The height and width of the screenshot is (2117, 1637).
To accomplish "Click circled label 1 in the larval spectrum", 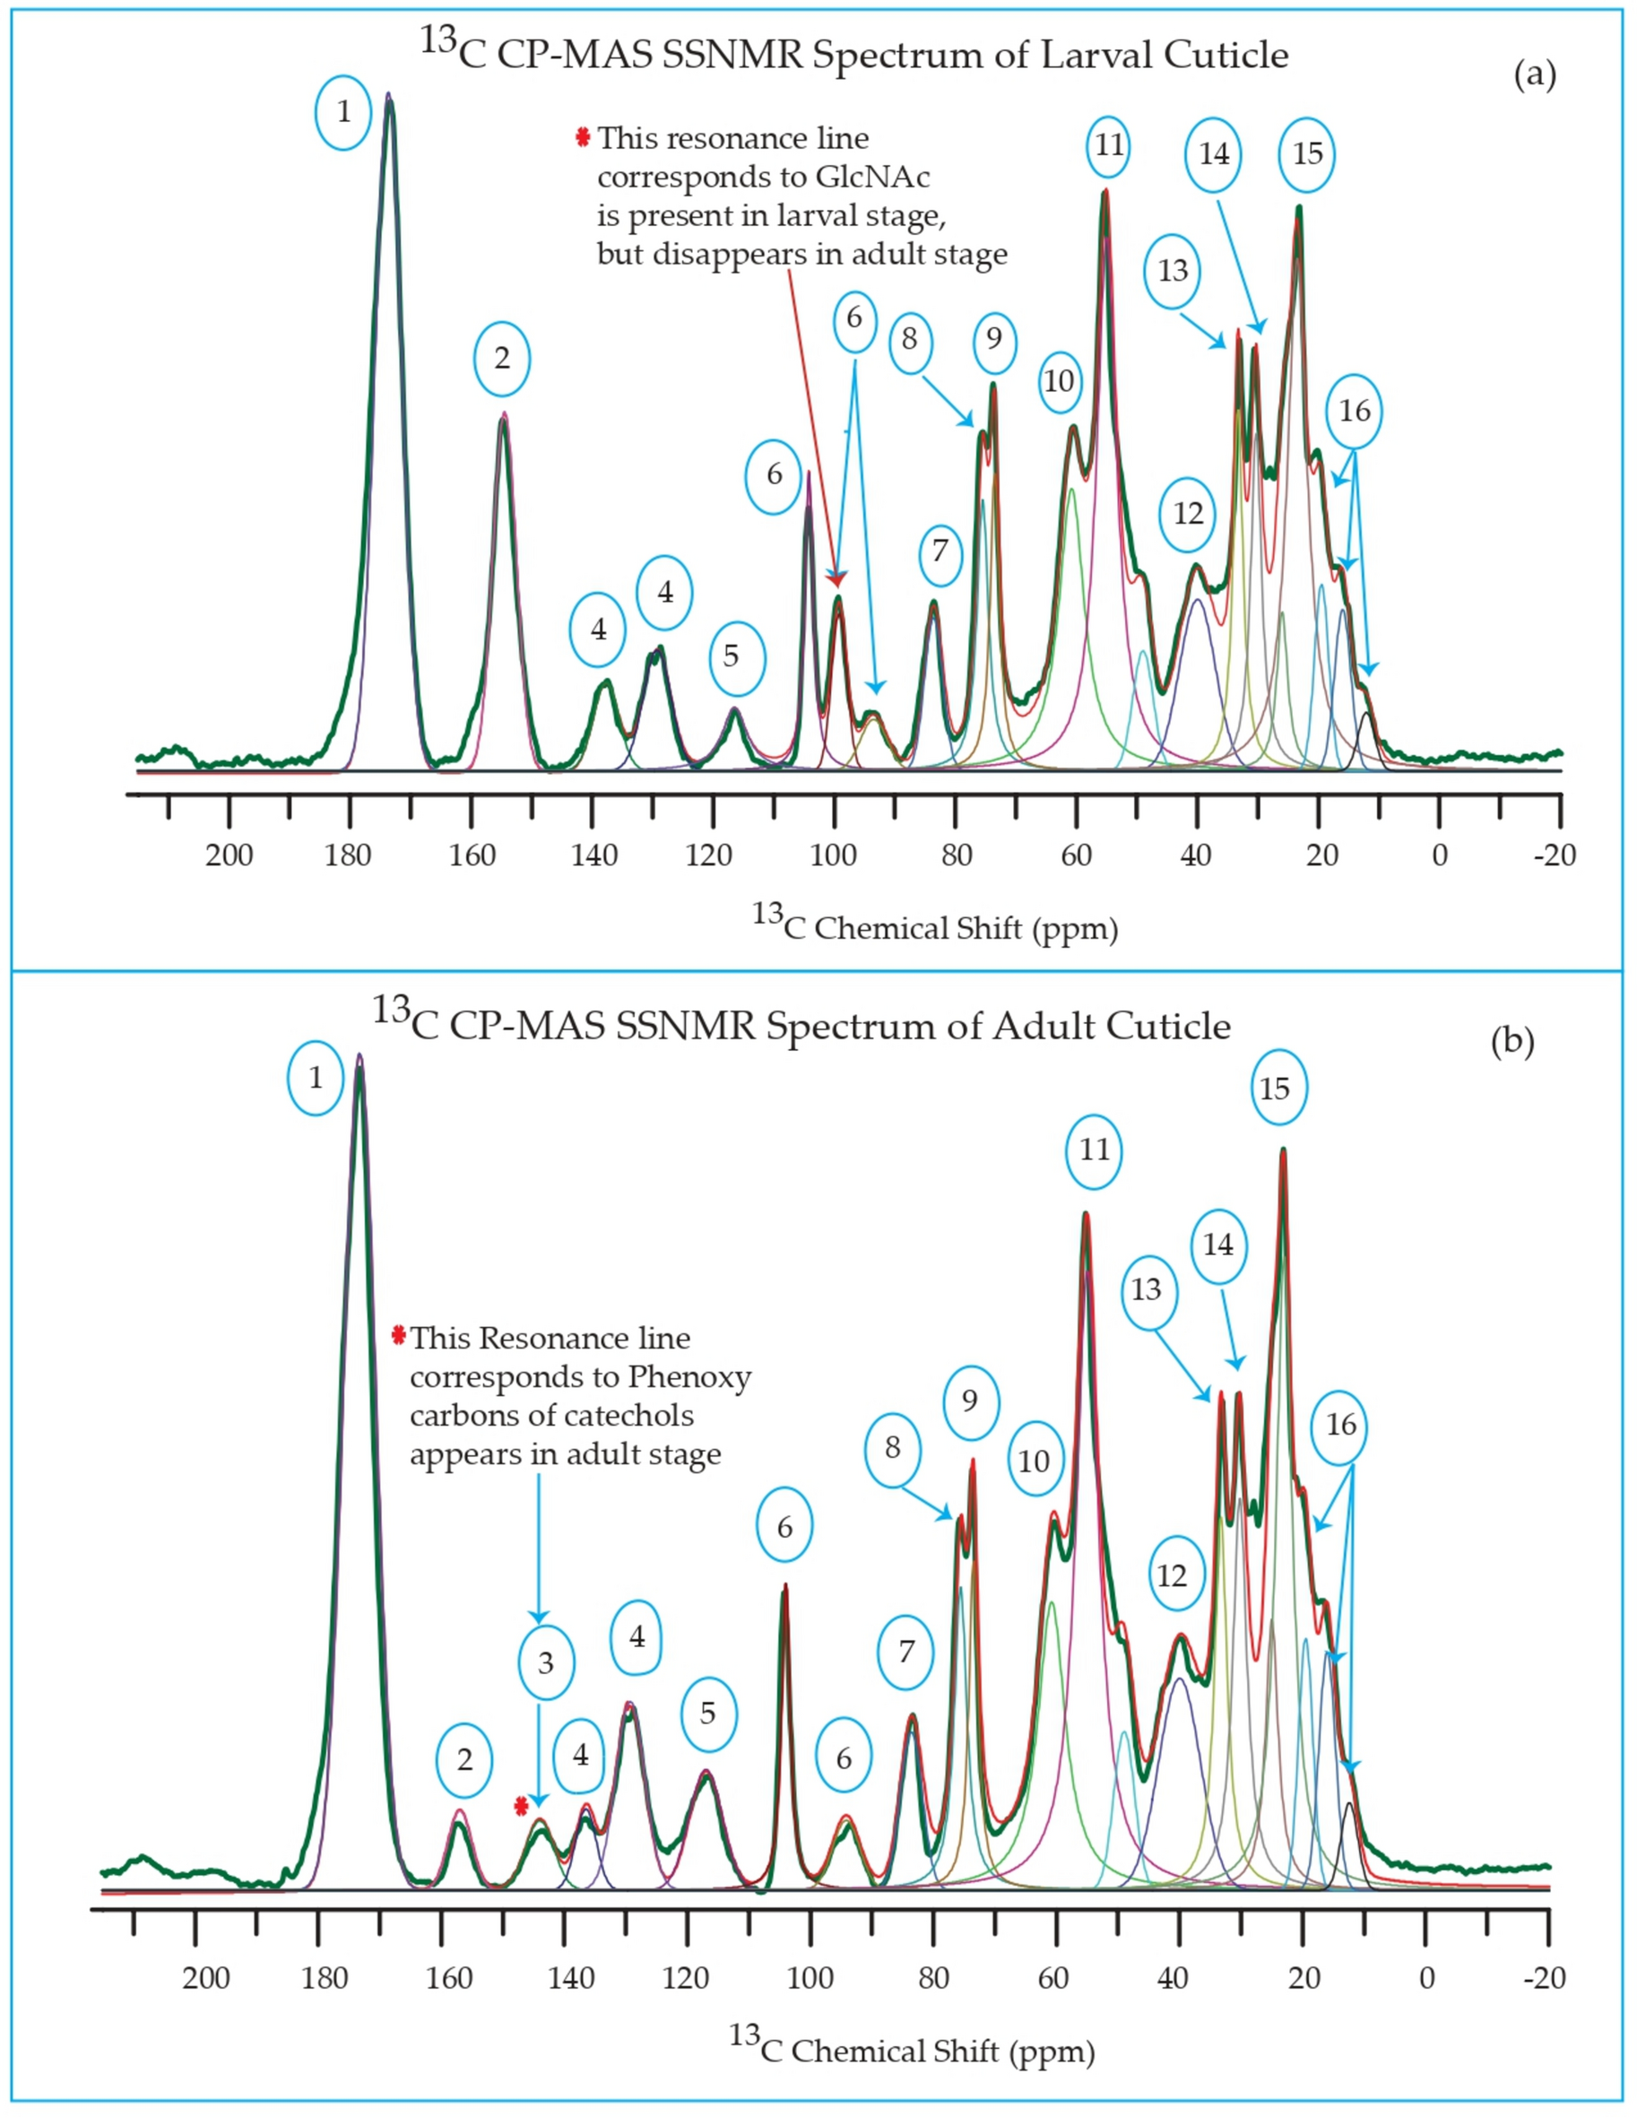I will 343,113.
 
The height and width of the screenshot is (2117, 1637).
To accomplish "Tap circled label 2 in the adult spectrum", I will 464,1759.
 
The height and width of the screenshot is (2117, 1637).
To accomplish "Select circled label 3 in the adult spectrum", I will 546,1663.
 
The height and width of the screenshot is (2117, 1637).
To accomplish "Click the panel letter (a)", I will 1534,75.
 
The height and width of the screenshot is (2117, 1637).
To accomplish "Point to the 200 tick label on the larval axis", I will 229,855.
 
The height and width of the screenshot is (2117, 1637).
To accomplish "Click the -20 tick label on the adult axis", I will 1543,1977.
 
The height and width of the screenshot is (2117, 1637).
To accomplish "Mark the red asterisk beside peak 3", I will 522,1805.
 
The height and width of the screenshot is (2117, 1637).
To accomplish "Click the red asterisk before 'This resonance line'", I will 583,138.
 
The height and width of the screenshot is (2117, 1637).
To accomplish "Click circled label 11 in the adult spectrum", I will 1095,1150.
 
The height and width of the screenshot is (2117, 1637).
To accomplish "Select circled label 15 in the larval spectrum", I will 1306,154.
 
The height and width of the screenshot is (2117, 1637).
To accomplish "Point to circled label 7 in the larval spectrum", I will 940,551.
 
